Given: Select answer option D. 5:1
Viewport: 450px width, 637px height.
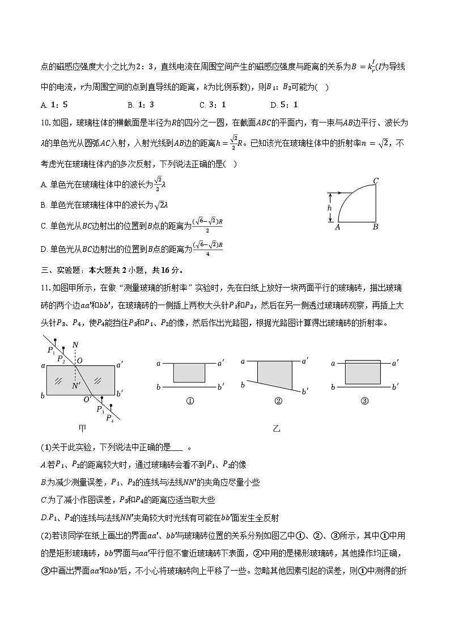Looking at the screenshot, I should (285, 105).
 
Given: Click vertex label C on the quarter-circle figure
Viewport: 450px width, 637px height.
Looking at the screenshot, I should (376, 182).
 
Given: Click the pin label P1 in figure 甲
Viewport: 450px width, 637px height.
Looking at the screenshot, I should (53, 351).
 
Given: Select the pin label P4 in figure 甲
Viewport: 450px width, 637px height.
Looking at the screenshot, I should (109, 418).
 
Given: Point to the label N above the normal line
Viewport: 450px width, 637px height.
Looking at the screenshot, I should (75, 346).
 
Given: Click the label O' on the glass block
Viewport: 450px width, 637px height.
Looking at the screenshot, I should (87, 399).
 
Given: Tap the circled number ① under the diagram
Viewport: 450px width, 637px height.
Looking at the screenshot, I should (190, 401).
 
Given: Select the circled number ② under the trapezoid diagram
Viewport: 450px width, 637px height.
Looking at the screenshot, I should (278, 401).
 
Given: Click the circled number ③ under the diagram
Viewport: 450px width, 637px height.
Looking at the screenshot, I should (364, 401).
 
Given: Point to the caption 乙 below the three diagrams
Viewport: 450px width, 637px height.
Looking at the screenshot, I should (277, 428).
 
